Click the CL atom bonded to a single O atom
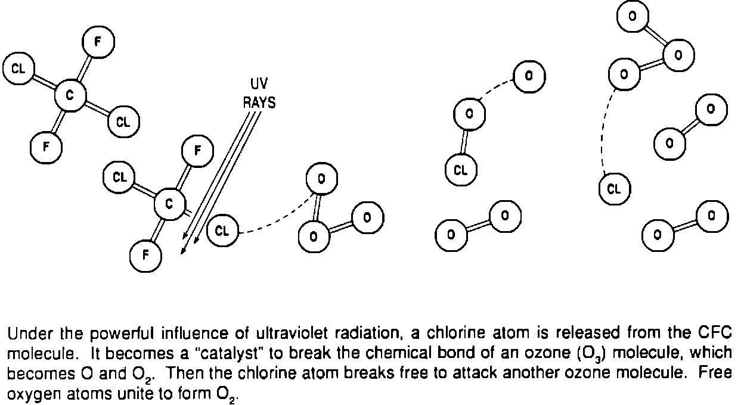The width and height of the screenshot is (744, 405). [460, 170]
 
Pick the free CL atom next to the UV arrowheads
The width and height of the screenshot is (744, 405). [222, 231]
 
